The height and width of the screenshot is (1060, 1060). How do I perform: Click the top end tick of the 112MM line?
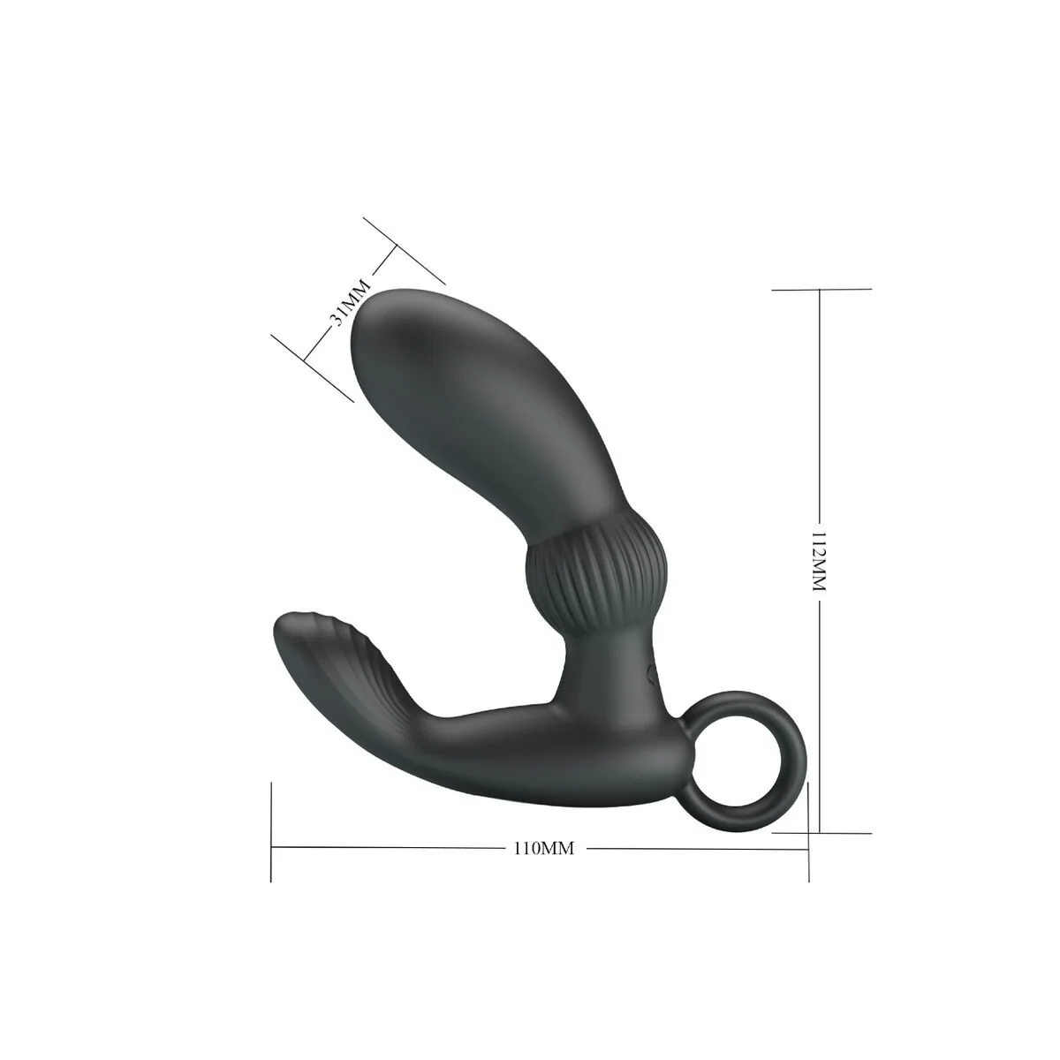pos(821,289)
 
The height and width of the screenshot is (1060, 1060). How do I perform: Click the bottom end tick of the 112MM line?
pos(821,832)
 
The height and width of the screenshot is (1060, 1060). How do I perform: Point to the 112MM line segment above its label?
pos(821,406)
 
